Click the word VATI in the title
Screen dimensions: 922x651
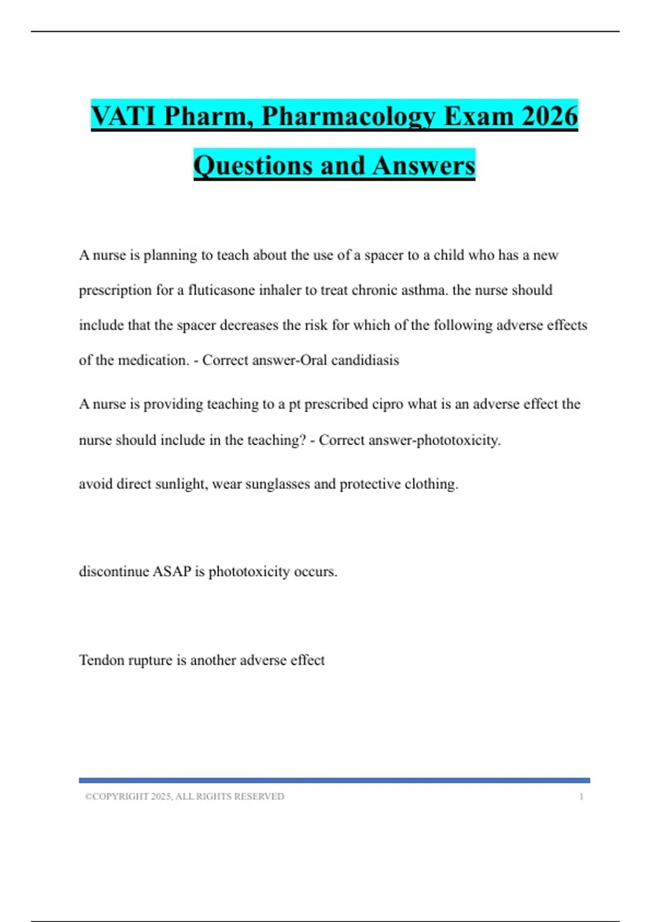pyautogui.click(x=124, y=116)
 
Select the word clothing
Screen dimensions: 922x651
pyautogui.click(x=432, y=484)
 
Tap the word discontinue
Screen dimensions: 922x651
pyautogui.click(x=113, y=572)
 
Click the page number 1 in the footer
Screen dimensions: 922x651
pyautogui.click(x=582, y=797)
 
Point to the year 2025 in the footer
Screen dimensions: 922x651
pyautogui.click(x=161, y=797)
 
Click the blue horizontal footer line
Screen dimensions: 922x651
pyautogui.click(x=334, y=780)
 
